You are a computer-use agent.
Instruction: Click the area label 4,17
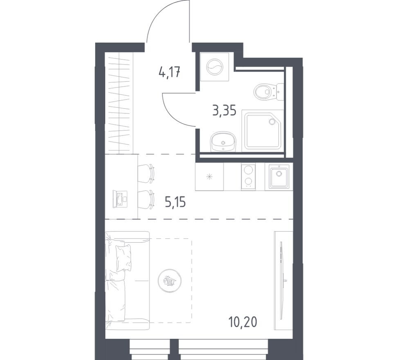[169, 74]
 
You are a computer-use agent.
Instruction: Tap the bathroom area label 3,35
[224, 110]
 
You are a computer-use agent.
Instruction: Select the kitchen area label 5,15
[175, 202]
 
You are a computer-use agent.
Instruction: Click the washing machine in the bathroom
[215, 67]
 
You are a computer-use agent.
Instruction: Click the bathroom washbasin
[223, 142]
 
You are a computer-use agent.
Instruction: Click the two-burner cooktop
[248, 176]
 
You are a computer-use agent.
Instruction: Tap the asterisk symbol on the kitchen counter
[209, 177]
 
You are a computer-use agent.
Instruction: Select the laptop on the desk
[120, 199]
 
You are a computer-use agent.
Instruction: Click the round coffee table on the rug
[170, 280]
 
